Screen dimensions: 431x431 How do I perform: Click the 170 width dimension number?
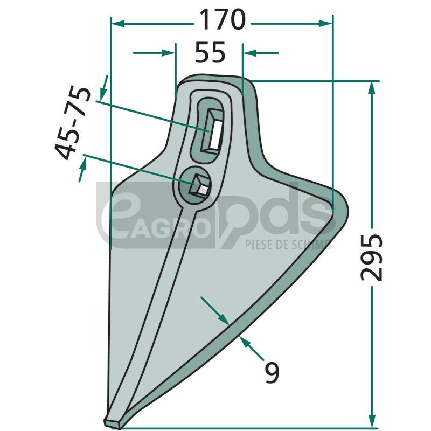point(222,19)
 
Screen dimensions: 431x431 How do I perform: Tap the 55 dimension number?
point(210,52)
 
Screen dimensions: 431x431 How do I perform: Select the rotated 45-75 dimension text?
point(73,123)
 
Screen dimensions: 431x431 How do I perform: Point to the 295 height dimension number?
point(371,258)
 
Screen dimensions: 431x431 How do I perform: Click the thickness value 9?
point(272,372)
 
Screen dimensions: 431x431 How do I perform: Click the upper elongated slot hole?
point(211,129)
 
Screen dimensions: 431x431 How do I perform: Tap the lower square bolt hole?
point(199,185)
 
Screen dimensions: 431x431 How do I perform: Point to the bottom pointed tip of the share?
point(112,426)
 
